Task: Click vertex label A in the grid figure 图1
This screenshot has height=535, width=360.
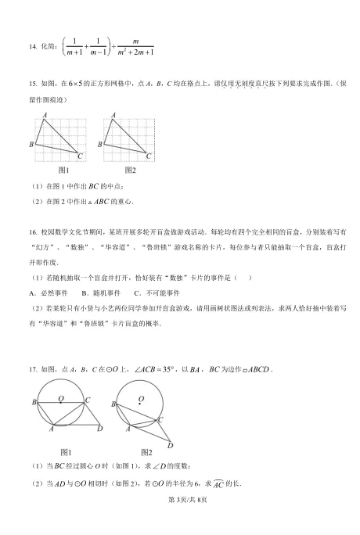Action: tap(45, 115)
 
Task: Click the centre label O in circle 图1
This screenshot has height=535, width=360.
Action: tap(60, 397)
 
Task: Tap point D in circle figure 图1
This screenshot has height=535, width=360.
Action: tap(99, 429)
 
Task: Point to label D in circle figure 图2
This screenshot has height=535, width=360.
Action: tap(170, 446)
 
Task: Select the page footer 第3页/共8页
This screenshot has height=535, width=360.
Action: tap(179, 521)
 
